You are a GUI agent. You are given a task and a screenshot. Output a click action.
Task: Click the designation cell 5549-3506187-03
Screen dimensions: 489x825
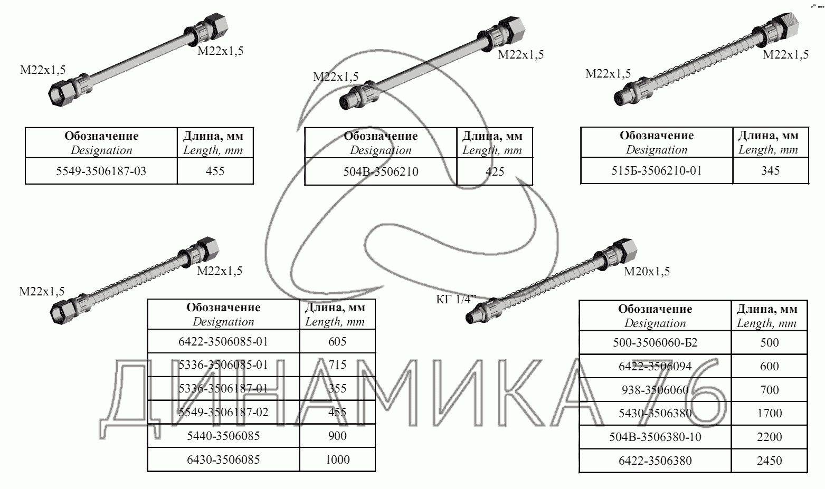pos(101,171)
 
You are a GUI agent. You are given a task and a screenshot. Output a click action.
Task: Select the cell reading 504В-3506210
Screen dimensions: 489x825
pos(381,171)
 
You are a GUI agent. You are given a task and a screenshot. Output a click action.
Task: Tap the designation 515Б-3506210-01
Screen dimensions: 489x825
pos(657,170)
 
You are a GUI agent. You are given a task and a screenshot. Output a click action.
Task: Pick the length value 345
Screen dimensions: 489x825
pos(770,170)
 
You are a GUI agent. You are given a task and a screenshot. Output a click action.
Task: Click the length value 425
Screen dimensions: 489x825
pos(495,171)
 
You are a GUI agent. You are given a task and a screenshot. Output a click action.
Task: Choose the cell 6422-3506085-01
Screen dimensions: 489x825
pos(223,341)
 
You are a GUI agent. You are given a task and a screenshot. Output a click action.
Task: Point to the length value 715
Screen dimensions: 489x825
pos(337,365)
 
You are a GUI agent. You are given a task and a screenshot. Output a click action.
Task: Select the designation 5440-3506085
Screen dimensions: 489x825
pos(223,436)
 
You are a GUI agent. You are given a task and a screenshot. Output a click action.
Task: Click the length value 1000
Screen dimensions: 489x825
pos(337,459)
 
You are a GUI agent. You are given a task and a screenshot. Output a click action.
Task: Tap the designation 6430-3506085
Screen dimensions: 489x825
pos(223,459)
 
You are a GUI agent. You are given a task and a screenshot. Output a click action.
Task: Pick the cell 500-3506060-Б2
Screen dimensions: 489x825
pos(655,342)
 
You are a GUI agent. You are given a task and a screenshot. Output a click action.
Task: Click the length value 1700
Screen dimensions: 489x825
pos(769,413)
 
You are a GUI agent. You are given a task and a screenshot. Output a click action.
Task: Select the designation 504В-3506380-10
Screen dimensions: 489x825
pos(655,437)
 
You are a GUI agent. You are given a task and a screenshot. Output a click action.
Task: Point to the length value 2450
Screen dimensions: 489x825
pos(769,461)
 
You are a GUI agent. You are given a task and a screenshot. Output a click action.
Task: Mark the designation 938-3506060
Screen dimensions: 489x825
pos(655,390)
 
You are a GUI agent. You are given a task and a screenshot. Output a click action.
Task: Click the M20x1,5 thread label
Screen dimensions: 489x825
pos(647,272)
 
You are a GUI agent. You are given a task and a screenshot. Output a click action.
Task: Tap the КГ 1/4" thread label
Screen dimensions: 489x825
pos(456,300)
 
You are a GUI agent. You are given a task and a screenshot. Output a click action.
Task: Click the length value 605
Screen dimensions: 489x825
pos(337,341)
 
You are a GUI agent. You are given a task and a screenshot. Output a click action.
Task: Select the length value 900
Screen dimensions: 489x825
pos(337,436)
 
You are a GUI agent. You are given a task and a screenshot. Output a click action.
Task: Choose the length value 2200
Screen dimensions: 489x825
pos(769,437)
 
